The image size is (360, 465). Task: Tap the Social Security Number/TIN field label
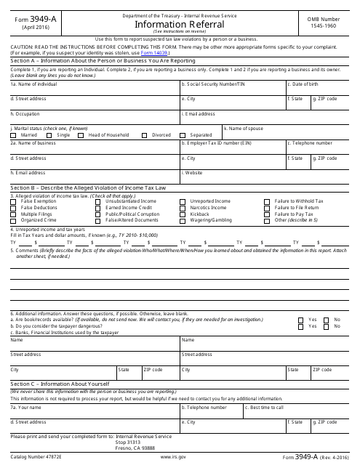(211, 84)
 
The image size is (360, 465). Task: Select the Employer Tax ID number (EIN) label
(216, 144)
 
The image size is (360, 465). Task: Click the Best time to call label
(265, 408)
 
